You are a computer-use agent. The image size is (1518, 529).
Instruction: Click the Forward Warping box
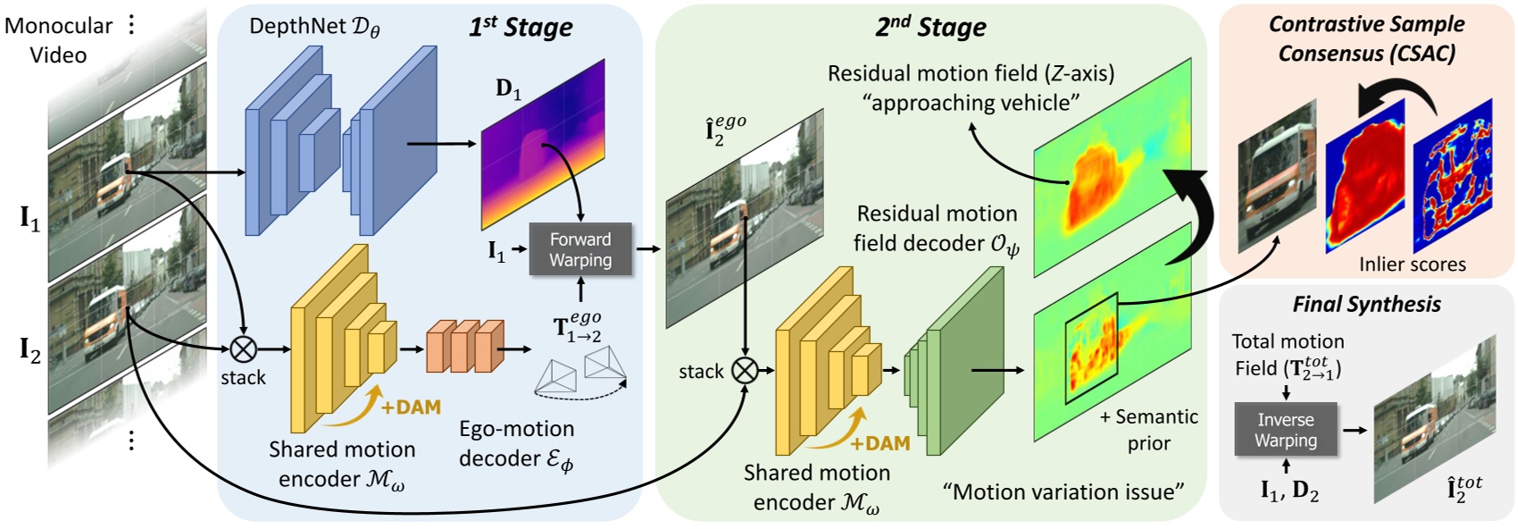[580, 249]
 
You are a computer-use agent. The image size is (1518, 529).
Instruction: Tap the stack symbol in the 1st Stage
[244, 349]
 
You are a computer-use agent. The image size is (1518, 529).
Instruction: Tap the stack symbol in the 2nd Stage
[745, 370]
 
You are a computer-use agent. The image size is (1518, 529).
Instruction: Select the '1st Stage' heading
[521, 27]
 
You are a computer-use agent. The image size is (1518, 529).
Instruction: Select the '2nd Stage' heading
[930, 27]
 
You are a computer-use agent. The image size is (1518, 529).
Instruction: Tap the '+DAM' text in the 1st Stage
[411, 407]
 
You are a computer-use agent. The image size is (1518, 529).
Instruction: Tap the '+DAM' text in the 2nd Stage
[880, 443]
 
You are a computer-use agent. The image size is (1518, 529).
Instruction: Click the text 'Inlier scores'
[1412, 264]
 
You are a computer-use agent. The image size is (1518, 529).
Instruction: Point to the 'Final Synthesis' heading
[1366, 304]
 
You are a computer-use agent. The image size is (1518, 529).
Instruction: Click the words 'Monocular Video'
[58, 40]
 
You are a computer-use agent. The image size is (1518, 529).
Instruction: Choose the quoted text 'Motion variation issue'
[1063, 491]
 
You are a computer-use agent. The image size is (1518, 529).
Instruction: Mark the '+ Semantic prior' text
[1148, 430]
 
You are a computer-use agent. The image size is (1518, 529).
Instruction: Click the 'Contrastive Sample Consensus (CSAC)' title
[1366, 38]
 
